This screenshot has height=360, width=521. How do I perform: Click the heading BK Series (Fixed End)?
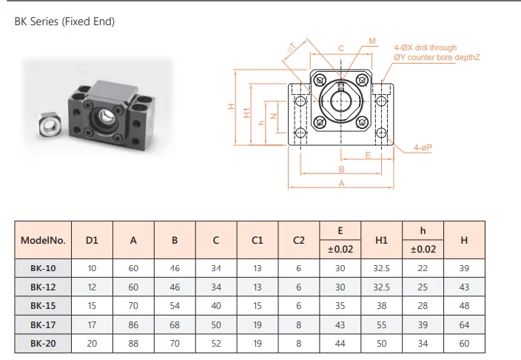64,22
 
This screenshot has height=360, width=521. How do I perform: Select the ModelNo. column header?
44,240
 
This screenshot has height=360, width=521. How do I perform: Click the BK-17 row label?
44,324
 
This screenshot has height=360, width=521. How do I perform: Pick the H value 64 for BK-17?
464,324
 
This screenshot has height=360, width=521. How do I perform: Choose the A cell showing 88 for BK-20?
133,344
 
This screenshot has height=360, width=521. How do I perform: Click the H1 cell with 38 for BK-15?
381,305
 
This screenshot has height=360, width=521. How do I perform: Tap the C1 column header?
258,240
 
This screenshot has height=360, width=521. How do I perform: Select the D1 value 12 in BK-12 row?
92,287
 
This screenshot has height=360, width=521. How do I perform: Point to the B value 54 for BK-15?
175,305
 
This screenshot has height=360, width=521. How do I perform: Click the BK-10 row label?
44,267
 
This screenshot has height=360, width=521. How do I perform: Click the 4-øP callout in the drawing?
423,149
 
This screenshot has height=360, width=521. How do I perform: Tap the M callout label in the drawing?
372,41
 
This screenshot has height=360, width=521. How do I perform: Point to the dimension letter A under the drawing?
341,183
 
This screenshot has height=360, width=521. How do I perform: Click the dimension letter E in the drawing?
368,155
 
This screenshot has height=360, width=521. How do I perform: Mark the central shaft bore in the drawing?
341,101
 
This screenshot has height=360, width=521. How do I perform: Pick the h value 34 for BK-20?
423,344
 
